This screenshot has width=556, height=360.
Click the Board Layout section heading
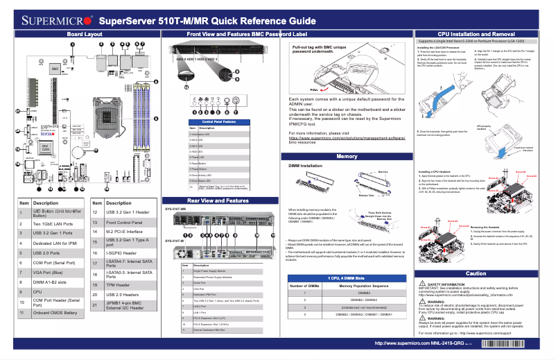tap(85, 33)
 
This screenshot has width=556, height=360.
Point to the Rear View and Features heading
tap(218, 200)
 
